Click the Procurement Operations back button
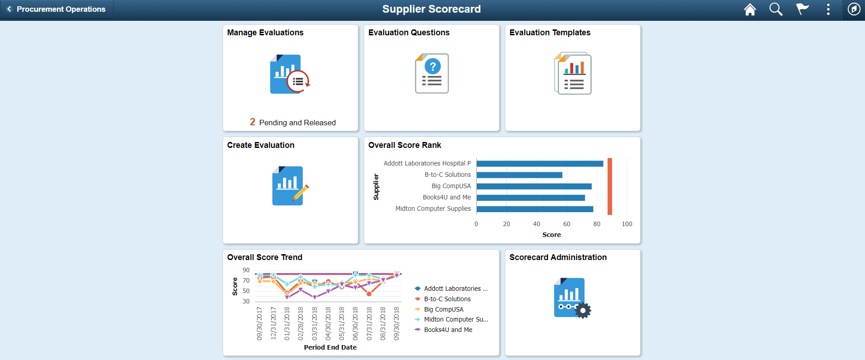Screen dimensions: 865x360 coord(57,9)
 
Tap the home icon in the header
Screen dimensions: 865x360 coord(750,9)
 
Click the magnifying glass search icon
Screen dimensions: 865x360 coord(776,9)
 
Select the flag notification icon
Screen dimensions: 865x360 coord(802,9)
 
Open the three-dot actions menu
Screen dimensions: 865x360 coord(828,9)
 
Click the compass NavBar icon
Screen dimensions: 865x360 coord(854,9)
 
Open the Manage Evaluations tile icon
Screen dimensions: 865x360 coord(290,74)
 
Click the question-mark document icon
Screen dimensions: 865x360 coord(432,73)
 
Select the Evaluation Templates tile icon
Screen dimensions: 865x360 coord(573,73)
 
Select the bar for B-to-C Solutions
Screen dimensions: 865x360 coord(519,175)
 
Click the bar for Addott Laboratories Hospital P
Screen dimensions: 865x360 coord(540,164)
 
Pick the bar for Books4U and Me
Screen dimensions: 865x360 coord(531,198)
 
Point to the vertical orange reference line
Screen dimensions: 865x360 coord(610,186)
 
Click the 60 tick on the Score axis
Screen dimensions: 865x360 coord(566,224)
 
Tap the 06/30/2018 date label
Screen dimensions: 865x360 coord(355,323)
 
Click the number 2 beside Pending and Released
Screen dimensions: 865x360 coord(252,122)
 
